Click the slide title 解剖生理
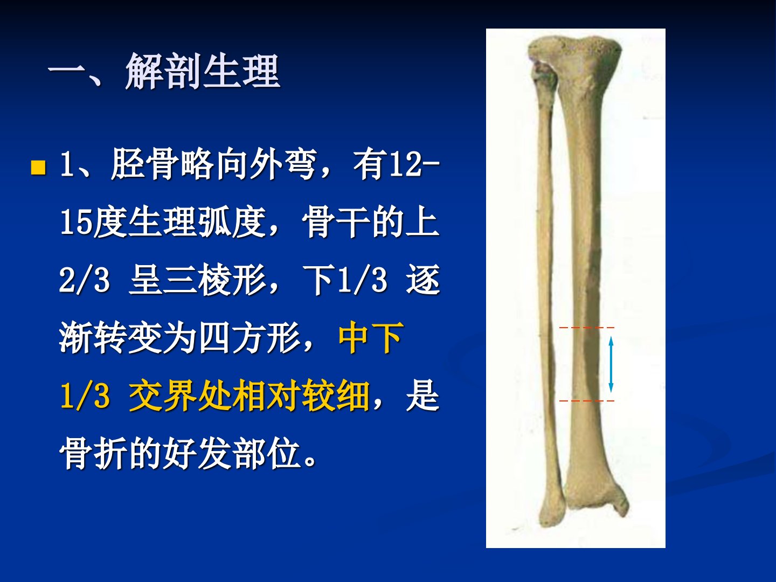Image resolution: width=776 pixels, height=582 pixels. click(203, 71)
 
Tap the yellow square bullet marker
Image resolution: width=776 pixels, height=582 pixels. click(38, 168)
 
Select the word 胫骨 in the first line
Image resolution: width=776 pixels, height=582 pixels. click(144, 165)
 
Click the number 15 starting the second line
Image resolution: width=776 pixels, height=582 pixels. click(76, 222)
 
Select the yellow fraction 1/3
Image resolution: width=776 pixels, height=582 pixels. click(85, 395)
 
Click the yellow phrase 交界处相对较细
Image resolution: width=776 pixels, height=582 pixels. click(249, 395)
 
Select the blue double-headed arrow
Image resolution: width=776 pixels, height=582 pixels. click(611, 364)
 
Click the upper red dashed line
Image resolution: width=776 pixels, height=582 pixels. click(586, 328)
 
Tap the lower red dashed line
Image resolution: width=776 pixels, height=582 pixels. click(586, 401)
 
